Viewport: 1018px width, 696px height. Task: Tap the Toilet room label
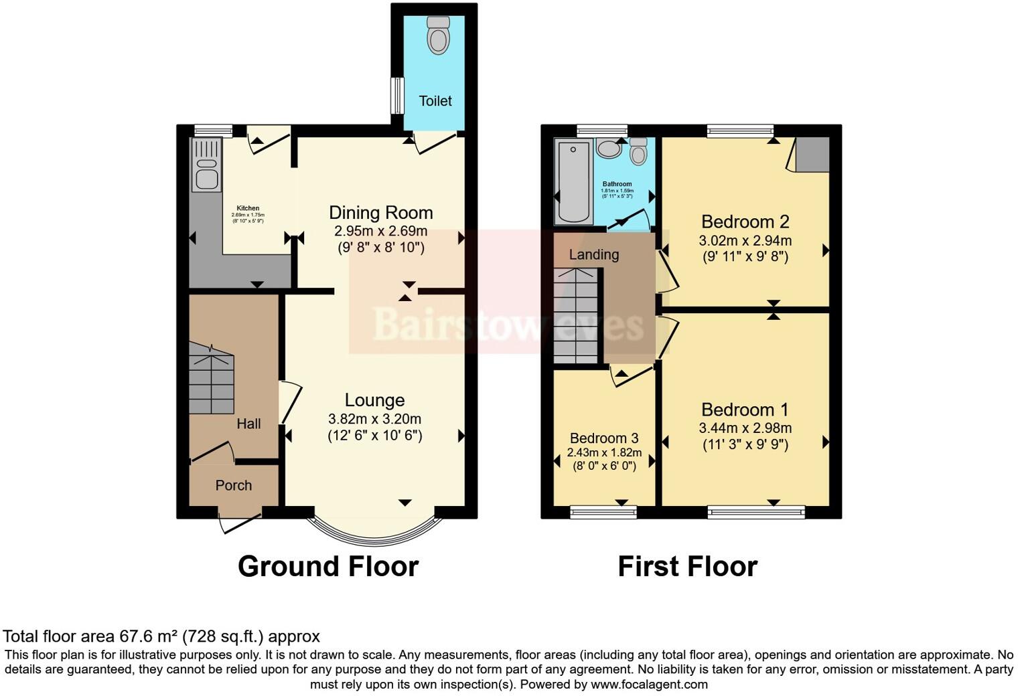tap(435, 101)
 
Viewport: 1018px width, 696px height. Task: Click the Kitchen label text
tap(248, 208)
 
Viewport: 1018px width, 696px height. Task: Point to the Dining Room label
tap(381, 213)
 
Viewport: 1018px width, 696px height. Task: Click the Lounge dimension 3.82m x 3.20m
tap(374, 420)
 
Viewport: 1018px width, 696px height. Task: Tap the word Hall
tap(248, 424)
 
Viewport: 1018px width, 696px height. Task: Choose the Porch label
tap(234, 485)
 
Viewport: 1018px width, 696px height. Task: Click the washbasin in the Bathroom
tap(609, 149)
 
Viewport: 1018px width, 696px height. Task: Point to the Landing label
tap(594, 254)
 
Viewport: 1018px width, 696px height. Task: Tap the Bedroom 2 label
tap(745, 222)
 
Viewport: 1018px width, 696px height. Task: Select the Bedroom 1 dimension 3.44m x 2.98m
tap(745, 428)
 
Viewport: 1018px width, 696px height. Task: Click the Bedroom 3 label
tap(604, 438)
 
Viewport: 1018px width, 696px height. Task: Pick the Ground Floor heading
tap(328, 566)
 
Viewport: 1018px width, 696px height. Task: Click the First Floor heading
tap(687, 566)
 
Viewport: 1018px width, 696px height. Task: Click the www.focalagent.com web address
tap(649, 685)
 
